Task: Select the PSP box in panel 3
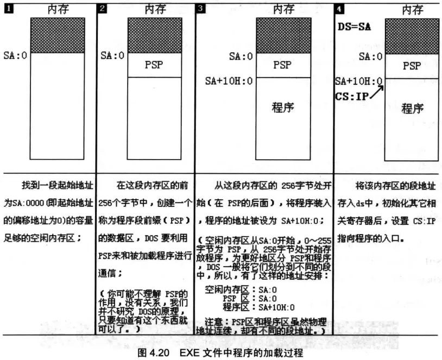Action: (282, 65)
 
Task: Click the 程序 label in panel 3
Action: (282, 107)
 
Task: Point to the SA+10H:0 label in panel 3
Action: (229, 81)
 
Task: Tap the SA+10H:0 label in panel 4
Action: (358, 81)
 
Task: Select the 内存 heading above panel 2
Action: (154, 9)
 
